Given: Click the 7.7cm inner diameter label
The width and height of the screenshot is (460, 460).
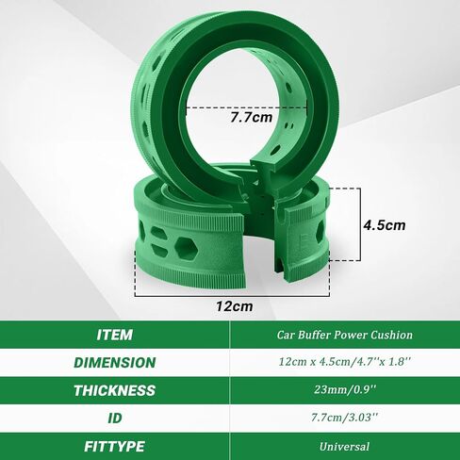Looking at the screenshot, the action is pos(252,117).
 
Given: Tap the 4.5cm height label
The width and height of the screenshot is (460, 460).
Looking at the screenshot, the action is pos(385,225).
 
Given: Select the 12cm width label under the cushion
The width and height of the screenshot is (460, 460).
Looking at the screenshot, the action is pos(234,306).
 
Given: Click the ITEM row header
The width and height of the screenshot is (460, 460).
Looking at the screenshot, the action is pos(114,335).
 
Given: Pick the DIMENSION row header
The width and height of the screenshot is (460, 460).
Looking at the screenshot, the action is pos(115,363).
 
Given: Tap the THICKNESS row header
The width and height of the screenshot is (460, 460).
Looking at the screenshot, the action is pos(114,390).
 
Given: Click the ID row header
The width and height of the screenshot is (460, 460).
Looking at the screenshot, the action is pos(115,419).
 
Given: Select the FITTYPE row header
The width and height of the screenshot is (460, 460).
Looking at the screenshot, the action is pos(114,447).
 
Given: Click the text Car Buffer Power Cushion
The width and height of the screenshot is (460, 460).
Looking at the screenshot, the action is pos(345,335).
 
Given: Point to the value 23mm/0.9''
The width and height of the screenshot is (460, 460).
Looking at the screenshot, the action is pos(345,390).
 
